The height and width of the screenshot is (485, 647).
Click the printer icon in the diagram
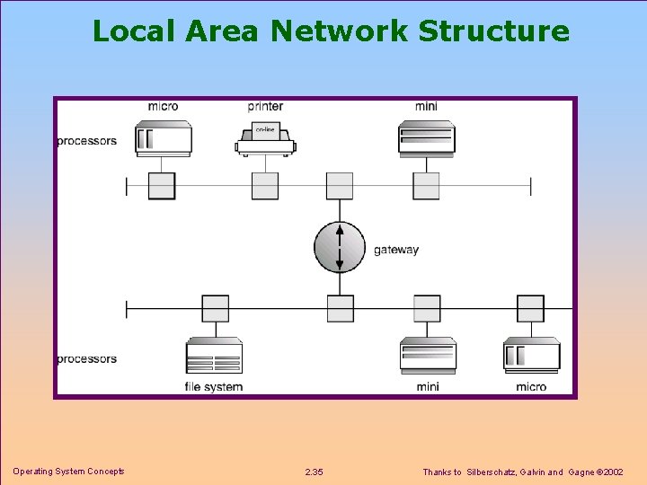pyautogui.click(x=265, y=141)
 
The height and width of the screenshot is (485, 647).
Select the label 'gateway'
pyautogui.click(x=396, y=250)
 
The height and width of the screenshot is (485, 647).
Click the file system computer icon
pyautogui.click(x=214, y=356)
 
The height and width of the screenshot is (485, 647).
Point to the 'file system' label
pyautogui.click(x=214, y=387)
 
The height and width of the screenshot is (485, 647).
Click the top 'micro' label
pyautogui.click(x=163, y=106)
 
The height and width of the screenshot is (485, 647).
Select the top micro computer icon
pyautogui.click(x=163, y=139)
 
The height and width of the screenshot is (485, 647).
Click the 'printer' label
pyautogui.click(x=265, y=106)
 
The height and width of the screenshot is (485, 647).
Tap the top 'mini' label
pyautogui.click(x=426, y=106)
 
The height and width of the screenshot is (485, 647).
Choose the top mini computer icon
pyautogui.click(x=427, y=139)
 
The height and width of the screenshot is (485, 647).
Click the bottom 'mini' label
pyautogui.click(x=428, y=387)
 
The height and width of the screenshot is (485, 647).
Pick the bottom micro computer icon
pyautogui.click(x=531, y=356)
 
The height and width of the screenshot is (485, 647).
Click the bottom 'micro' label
pyautogui.click(x=531, y=387)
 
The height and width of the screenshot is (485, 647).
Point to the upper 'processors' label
pyautogui.click(x=86, y=141)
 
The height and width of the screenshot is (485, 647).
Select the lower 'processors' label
pyautogui.click(x=86, y=359)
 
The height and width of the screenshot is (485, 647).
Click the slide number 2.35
pyautogui.click(x=315, y=472)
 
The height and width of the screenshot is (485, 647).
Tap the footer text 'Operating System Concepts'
pyautogui.click(x=68, y=472)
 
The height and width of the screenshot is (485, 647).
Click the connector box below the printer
pyautogui.click(x=265, y=186)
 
